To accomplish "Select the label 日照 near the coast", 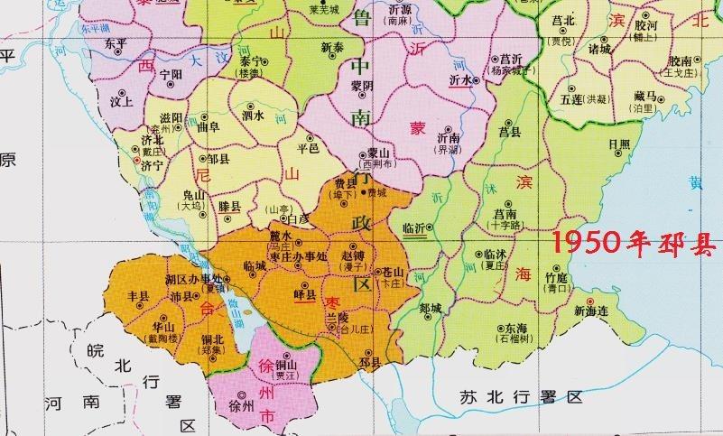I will [x=619, y=144].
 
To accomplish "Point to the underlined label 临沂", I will [x=415, y=228].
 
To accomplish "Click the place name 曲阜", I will [x=209, y=129].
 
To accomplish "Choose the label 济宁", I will [x=128, y=166].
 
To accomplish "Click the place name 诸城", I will [x=599, y=49].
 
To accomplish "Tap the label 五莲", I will [x=571, y=97].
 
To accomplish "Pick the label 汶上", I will [x=122, y=102].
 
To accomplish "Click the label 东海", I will [x=515, y=329].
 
